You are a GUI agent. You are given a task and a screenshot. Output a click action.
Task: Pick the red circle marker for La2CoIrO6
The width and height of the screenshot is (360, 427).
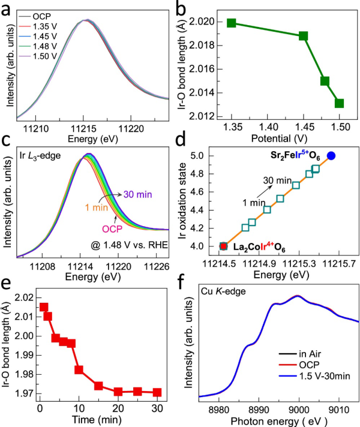pyautogui.click(x=223, y=246)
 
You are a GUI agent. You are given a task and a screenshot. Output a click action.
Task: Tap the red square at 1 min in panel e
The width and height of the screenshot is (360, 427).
pyautogui.click(x=44, y=307)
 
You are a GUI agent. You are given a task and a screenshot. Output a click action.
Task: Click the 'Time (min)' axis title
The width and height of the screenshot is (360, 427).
pyautogui.click(x=99, y=420)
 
